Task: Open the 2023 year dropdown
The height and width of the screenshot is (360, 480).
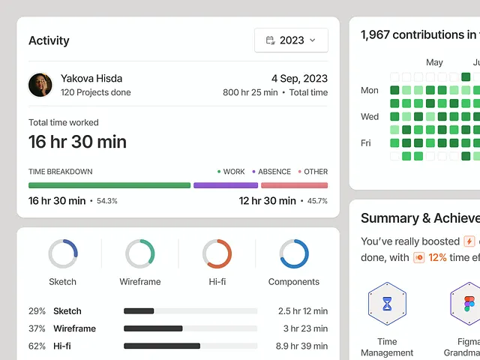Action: (291, 40)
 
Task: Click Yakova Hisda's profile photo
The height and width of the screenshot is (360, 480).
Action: (40, 85)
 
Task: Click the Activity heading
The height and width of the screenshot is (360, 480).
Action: (49, 40)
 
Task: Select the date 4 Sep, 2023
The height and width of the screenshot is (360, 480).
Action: (299, 78)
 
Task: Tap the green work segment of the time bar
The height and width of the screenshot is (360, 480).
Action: (109, 185)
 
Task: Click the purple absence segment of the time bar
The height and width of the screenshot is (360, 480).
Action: (226, 185)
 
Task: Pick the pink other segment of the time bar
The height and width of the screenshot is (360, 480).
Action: (294, 185)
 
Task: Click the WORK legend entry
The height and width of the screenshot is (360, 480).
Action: (231, 172)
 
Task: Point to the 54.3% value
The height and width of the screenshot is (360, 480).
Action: (107, 201)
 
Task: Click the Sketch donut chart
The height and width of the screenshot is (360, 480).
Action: (63, 253)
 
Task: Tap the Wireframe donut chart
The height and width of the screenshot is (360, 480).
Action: (140, 253)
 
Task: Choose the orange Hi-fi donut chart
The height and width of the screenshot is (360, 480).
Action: (217, 253)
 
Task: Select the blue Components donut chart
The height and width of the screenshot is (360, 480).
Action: (294, 253)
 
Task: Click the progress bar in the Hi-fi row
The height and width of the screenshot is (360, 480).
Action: (190, 346)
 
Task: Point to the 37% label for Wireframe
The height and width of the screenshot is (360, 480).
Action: (37, 328)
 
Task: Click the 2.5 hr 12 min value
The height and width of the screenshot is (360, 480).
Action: (302, 311)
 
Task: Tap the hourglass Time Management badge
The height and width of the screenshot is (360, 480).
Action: (387, 304)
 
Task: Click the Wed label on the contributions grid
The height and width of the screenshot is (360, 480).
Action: (370, 117)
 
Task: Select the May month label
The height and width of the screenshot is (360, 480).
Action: (434, 63)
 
